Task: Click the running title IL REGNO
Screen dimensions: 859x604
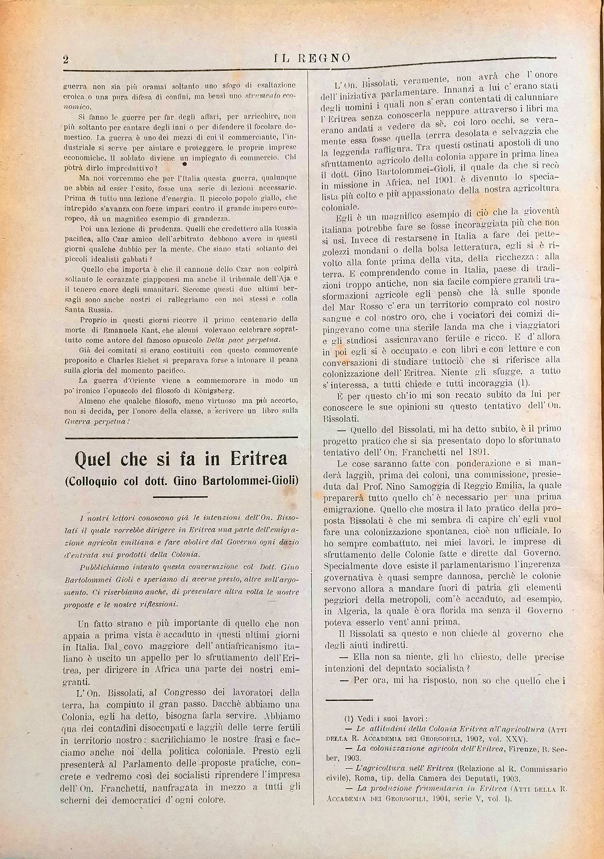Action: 312,58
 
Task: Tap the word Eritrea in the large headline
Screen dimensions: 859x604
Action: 258,459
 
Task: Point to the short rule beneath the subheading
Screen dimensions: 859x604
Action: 180,497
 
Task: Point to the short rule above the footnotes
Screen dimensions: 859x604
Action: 349,699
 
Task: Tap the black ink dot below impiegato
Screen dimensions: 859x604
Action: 184,164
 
